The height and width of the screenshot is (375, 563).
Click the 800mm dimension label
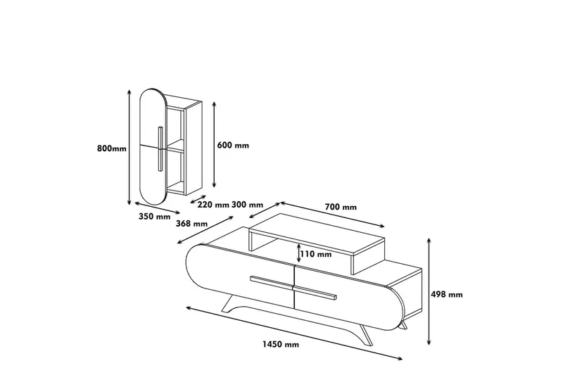(112, 148)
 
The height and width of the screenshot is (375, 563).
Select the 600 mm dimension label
(234, 146)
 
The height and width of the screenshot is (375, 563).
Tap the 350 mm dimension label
(155, 217)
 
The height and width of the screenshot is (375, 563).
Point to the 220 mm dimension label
(213, 205)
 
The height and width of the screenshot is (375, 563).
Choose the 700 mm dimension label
(341, 207)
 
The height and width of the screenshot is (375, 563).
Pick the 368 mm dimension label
(191, 224)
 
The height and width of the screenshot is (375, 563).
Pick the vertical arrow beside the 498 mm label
(430, 291)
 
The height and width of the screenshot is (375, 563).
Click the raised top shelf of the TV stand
(317, 232)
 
